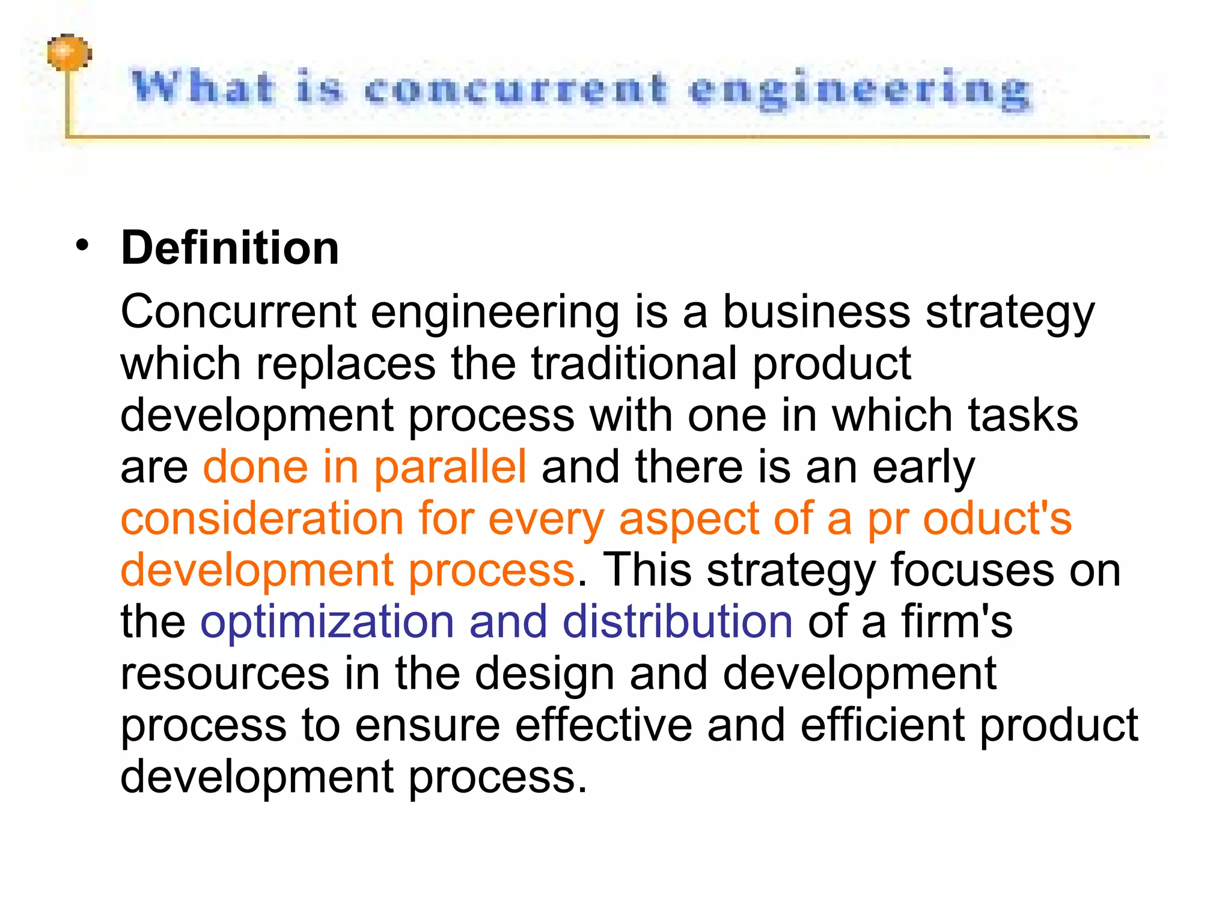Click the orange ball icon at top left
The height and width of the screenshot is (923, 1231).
point(69,53)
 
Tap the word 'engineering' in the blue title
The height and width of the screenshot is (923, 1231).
point(860,91)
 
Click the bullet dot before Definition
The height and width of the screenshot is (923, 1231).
point(82,245)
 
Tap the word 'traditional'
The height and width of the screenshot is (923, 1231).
point(634,363)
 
